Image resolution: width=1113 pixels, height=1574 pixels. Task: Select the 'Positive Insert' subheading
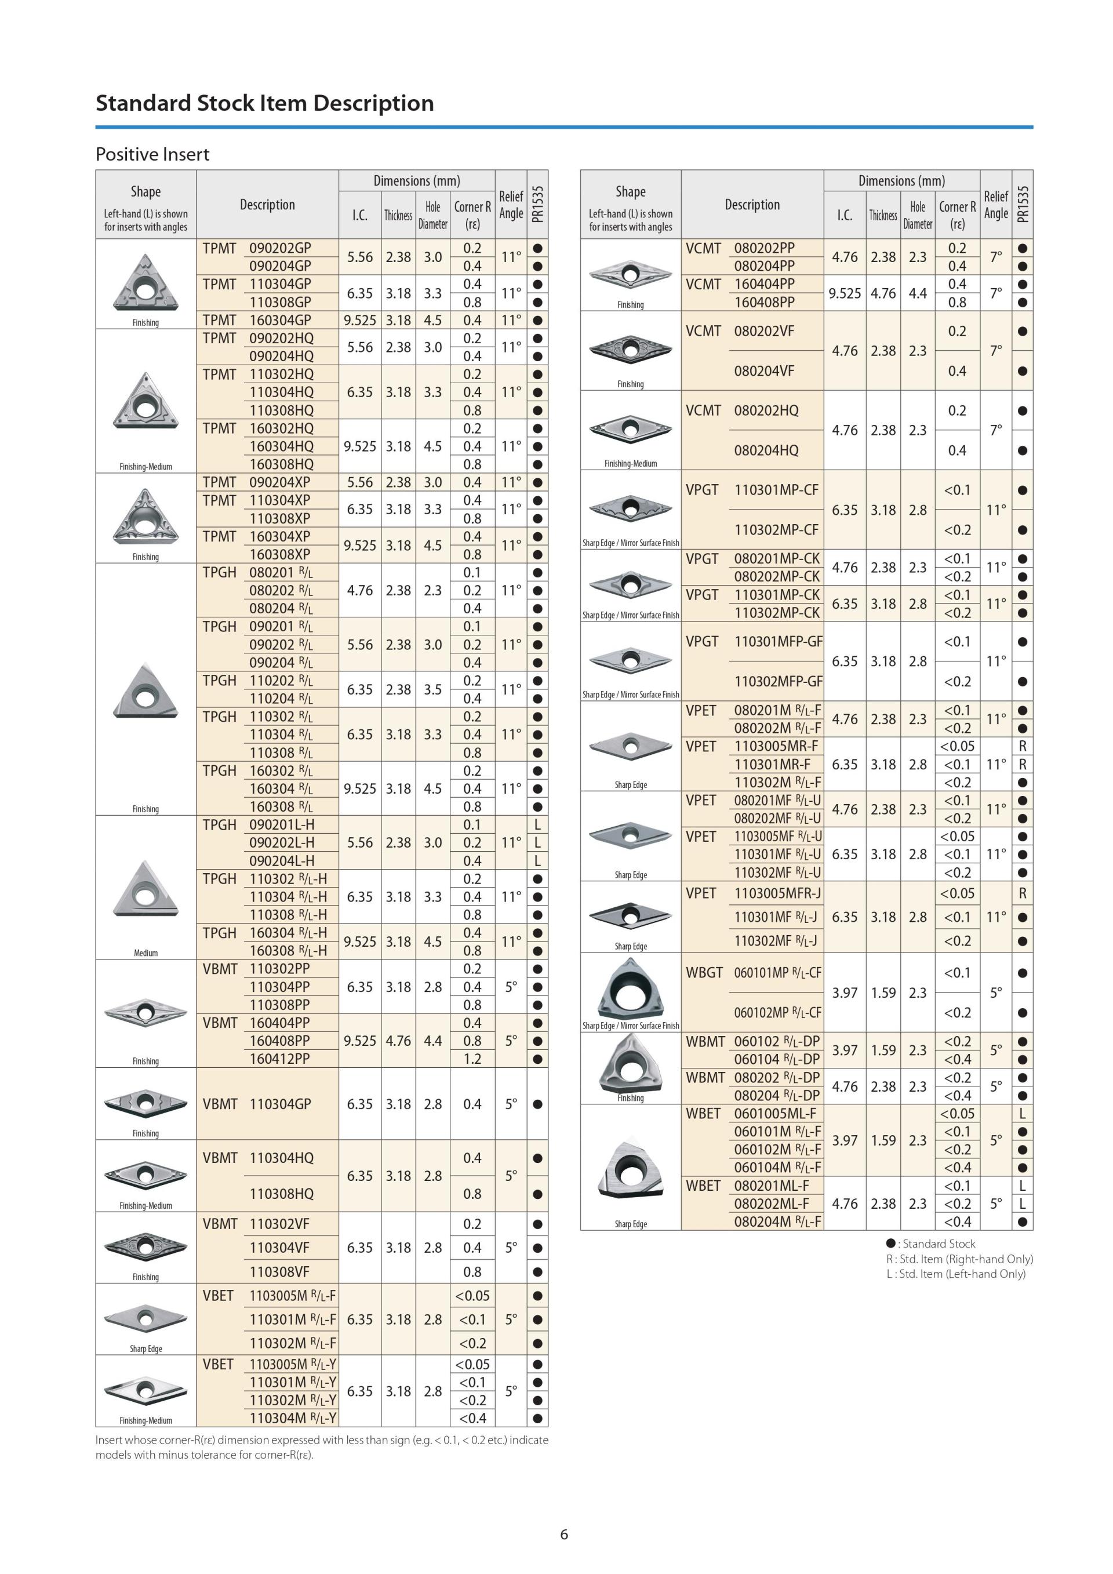tap(152, 154)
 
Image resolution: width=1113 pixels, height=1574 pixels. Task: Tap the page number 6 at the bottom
tap(564, 1534)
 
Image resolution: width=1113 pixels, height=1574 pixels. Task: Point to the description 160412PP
tap(279, 1059)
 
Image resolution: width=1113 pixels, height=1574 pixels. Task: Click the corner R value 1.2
tap(472, 1059)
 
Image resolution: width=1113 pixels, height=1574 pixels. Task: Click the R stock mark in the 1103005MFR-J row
tap(1023, 893)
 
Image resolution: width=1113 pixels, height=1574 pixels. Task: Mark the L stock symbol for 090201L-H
tap(537, 825)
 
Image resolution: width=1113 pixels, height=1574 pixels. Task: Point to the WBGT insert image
tap(630, 988)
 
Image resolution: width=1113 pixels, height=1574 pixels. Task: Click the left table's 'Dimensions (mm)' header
tap(417, 181)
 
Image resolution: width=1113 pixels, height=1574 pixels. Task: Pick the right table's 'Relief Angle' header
tap(996, 204)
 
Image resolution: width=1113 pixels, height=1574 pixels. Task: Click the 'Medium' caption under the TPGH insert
tap(146, 953)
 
